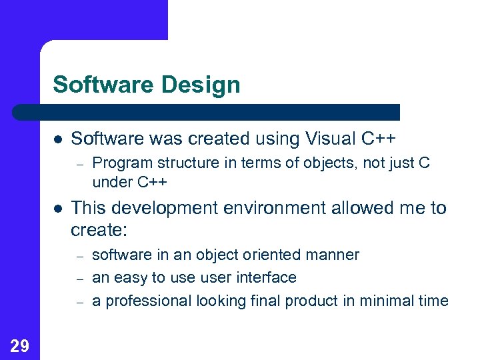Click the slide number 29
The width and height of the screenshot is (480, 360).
tap(20, 345)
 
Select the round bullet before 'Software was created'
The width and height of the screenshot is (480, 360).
tap(58, 139)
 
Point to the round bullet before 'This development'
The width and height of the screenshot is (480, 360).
tap(58, 209)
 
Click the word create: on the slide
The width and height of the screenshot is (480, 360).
tap(99, 231)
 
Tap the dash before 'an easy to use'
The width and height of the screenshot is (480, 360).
tap(78, 278)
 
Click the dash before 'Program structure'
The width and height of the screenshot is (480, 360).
tap(78, 163)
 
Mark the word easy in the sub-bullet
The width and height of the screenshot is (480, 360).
tap(126, 278)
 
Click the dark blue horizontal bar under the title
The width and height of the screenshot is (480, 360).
tap(207, 112)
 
